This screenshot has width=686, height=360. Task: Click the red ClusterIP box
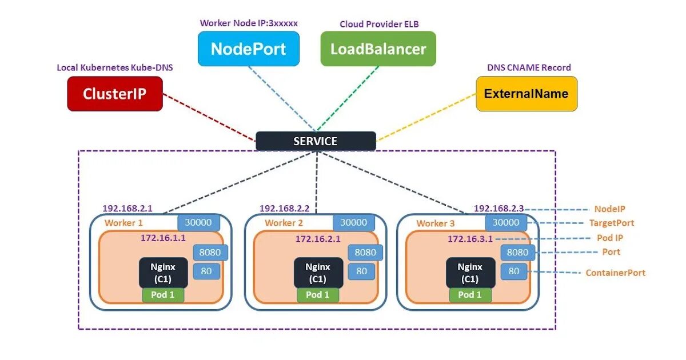click(x=115, y=94)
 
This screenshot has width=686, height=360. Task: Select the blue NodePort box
click(x=248, y=49)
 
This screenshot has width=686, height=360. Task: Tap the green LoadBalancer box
click(x=378, y=49)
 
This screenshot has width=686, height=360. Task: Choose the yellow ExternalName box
click(x=527, y=94)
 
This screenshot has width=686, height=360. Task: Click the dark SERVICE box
click(x=316, y=141)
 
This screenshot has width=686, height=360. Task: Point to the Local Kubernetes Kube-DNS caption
click(x=115, y=67)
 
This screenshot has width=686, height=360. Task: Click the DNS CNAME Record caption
click(x=529, y=67)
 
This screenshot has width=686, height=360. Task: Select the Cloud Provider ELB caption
click(x=379, y=24)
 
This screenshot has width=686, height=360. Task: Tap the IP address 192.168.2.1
click(x=127, y=209)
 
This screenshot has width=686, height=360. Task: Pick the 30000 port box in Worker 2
click(x=354, y=222)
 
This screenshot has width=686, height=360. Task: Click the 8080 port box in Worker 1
click(x=210, y=252)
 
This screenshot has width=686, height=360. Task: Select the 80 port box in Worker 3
click(x=514, y=271)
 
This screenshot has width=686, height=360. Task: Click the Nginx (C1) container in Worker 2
click(x=318, y=273)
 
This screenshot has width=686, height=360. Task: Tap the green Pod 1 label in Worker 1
click(x=163, y=295)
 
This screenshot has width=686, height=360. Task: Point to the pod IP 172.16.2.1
click(x=318, y=239)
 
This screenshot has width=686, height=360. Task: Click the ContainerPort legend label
click(x=616, y=273)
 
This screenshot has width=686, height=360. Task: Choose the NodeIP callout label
click(x=610, y=209)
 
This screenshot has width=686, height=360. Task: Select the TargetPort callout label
click(x=612, y=223)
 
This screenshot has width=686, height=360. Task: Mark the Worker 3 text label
click(x=436, y=223)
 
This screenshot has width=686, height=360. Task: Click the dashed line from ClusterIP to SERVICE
click(x=209, y=117)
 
